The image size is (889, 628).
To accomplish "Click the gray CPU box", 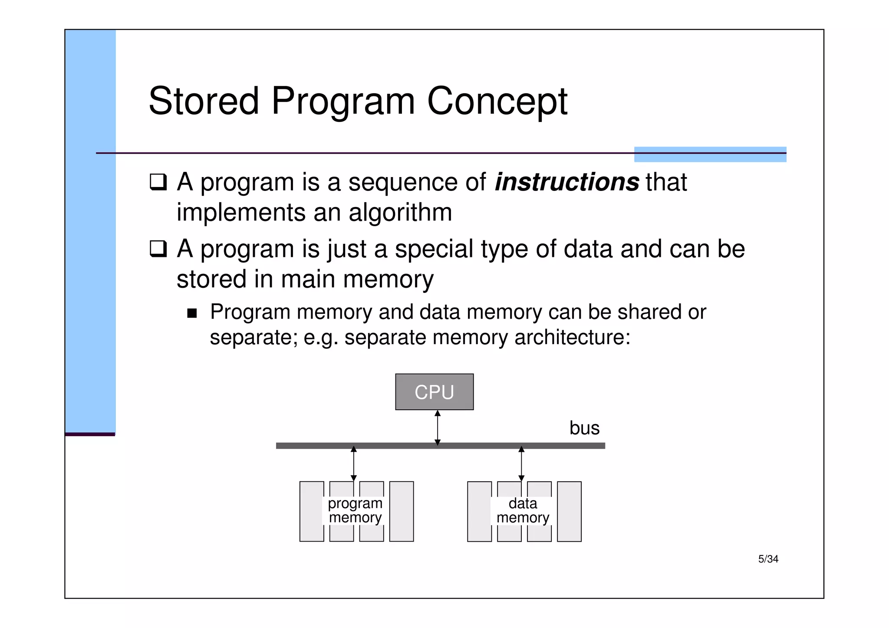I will (434, 391).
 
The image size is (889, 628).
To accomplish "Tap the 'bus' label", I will (584, 428).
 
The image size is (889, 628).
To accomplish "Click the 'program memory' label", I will (355, 510).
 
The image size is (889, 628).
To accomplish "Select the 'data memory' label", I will (523, 510).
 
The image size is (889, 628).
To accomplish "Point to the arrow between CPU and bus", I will (438, 427).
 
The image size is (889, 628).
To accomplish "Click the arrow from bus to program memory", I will (353, 464).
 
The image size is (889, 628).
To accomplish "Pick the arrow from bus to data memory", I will (521, 464).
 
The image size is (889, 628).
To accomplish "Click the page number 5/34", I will (768, 559).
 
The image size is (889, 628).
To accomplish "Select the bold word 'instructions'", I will (566, 182).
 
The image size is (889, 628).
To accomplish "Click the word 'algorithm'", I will (400, 213).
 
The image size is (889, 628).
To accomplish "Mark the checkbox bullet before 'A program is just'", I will (158, 249).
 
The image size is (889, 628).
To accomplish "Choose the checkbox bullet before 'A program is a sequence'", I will (158, 182).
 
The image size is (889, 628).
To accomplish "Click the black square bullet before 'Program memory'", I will (192, 313).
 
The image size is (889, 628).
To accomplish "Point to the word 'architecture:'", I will (572, 337).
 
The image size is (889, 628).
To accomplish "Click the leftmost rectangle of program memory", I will (312, 511).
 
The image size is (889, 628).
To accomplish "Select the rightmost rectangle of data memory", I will (569, 511).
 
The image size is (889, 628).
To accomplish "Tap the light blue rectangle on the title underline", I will (710, 155).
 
